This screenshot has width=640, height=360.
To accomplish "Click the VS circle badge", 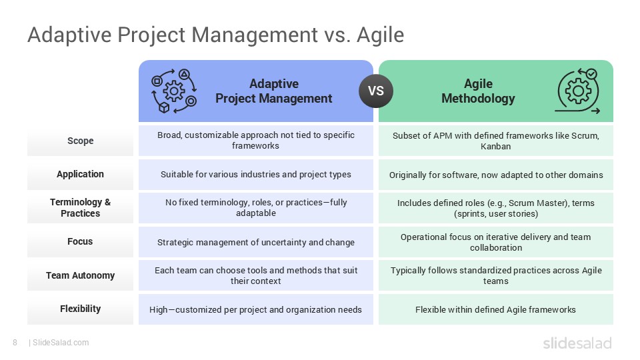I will coord(376,91).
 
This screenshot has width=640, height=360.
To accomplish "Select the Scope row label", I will coord(80,141).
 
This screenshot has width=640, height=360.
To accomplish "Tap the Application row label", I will coord(80,174).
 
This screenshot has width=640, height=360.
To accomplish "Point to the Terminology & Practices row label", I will coord(80,208).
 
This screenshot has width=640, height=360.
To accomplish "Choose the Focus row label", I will coord(80,241).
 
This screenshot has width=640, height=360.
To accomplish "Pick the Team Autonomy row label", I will coord(80,275).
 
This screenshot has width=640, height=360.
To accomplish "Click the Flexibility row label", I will coord(80,309).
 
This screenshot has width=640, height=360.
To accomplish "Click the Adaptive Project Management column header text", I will coord(273,91).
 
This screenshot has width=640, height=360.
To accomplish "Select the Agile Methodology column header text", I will coord(478,91).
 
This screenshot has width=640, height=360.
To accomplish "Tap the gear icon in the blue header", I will coord(175,91).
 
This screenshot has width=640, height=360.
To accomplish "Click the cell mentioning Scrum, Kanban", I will coord(495,141).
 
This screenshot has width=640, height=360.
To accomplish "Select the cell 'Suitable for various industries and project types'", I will coord(256,175).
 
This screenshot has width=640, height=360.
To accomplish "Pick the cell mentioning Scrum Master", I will coord(495,208).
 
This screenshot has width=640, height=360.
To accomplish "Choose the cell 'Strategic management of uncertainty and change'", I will coord(256,242).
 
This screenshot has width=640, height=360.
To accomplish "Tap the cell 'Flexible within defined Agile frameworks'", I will coord(495,309).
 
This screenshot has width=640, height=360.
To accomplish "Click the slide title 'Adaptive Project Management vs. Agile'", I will coord(215,34).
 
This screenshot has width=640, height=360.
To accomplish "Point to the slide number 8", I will coord(15,343).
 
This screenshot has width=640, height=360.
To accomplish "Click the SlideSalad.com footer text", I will coord(60,343).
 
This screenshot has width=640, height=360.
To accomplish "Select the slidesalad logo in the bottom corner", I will coord(577,343).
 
